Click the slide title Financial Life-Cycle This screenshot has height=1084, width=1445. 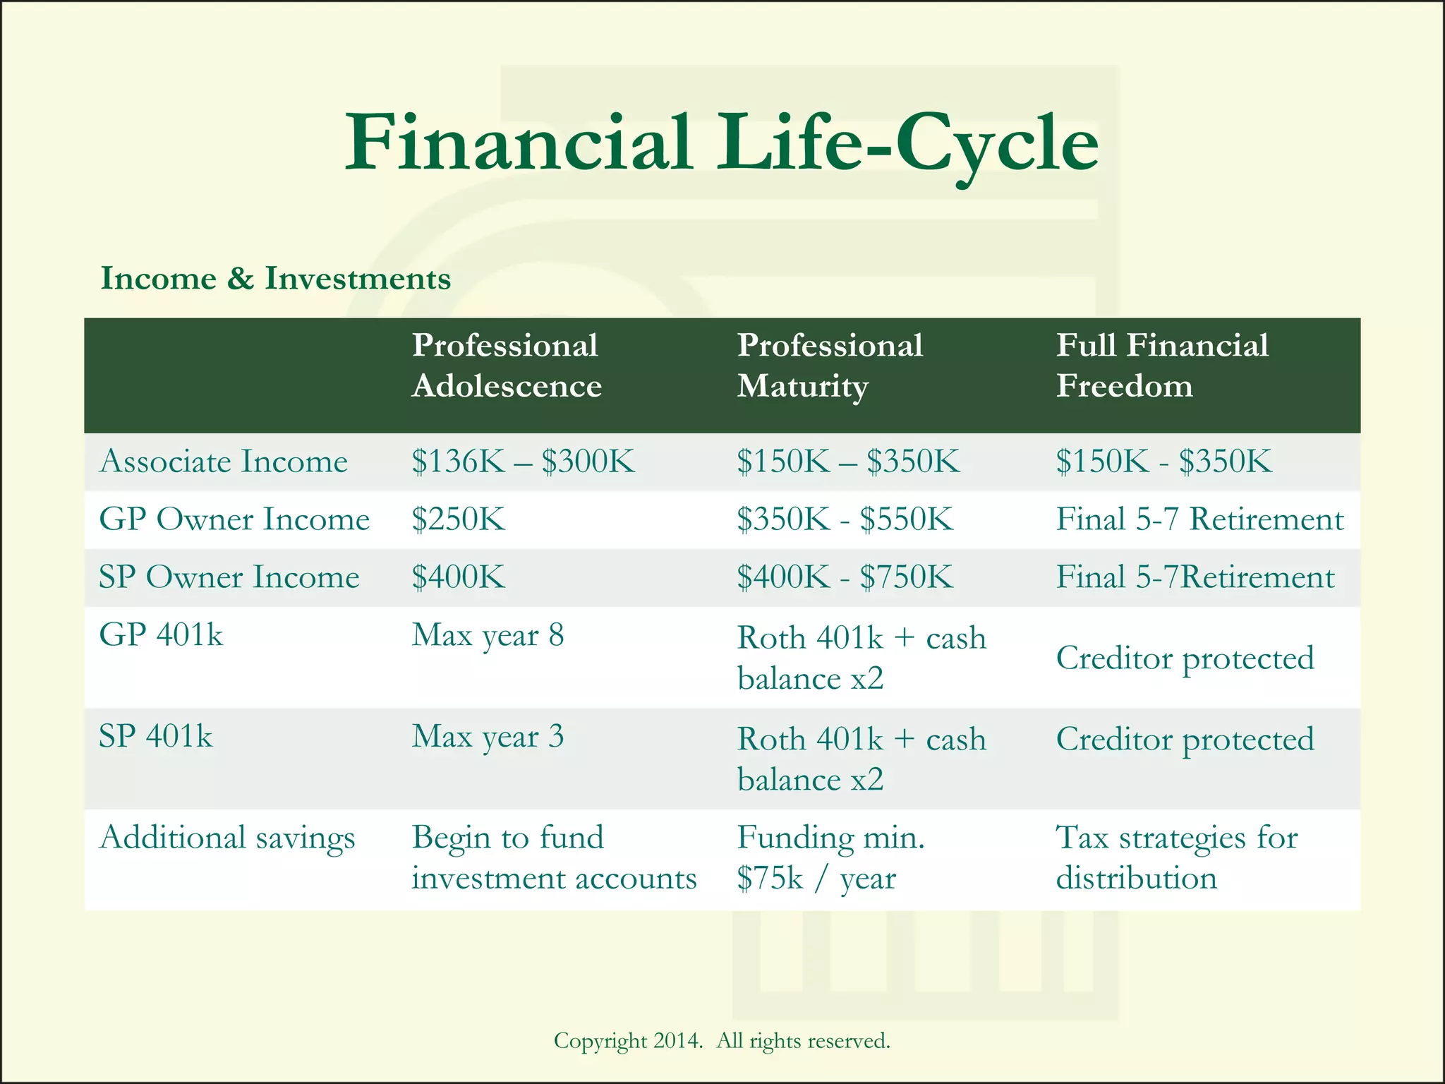coord(721,145)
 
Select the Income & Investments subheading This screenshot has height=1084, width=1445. coord(275,278)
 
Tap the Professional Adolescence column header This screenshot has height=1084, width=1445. coord(506,366)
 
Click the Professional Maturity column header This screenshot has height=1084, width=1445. coord(830,366)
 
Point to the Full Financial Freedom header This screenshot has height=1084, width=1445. coord(1161,366)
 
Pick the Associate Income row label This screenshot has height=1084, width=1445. coord(224,462)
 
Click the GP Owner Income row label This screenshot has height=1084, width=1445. coord(234,519)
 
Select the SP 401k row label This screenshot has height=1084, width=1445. coord(155,737)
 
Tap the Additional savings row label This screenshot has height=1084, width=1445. coord(227,838)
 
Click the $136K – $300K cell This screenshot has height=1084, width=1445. coord(523,462)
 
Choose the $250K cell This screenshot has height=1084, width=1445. coord(459,519)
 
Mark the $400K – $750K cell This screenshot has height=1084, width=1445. coord(845,577)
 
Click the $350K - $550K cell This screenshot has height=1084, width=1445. coord(845,519)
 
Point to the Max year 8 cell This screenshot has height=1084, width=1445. coord(488,636)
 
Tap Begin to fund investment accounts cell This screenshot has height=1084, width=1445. coord(554,858)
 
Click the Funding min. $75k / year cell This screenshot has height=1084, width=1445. coord(830,858)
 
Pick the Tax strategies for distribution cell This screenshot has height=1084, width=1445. coord(1176,858)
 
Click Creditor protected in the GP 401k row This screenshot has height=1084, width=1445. coord(1185,658)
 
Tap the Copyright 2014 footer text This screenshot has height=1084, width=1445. coord(721,1041)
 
